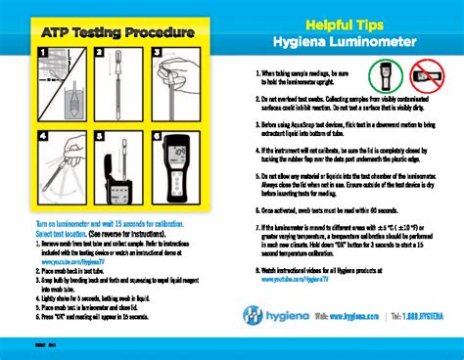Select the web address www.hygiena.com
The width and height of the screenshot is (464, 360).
pos(353,317)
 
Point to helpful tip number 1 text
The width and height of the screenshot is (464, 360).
pos(303,79)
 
